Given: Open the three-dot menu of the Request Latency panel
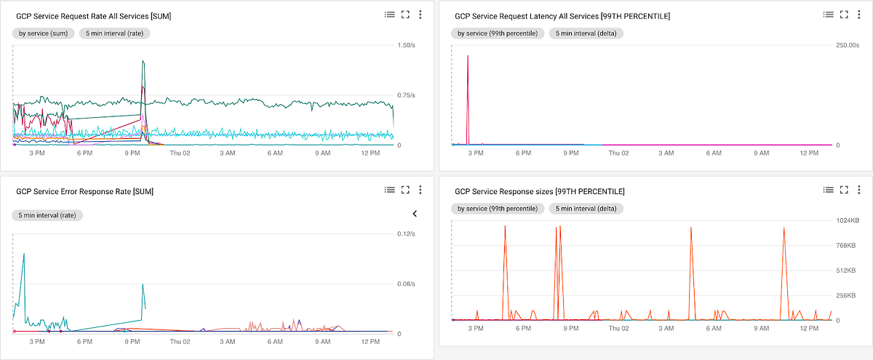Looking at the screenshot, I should click(x=861, y=14).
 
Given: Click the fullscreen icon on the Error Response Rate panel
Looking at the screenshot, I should click(x=406, y=190).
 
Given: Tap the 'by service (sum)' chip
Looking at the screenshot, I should click(x=43, y=33).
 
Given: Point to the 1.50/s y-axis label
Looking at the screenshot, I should click(x=405, y=45).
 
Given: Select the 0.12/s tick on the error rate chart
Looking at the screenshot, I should click(x=405, y=233).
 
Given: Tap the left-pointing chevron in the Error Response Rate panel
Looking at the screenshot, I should click(x=415, y=214).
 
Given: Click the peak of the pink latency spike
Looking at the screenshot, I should click(x=468, y=56).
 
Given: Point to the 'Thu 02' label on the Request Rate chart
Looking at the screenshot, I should click(x=180, y=153).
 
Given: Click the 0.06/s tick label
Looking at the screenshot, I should click(x=405, y=284).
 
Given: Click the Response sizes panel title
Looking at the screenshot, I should click(x=539, y=191).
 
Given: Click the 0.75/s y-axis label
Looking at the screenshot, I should click(x=405, y=95).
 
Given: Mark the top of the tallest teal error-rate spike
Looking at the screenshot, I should click(x=24, y=254).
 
